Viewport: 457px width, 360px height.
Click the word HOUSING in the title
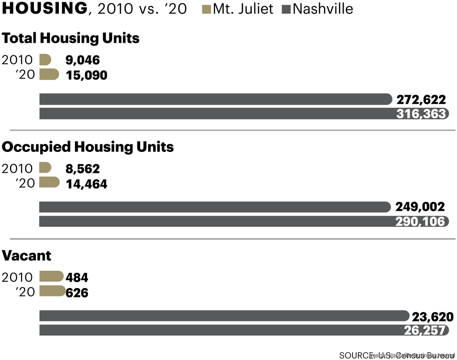point(45,8)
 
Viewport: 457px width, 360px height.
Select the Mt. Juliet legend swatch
point(206,9)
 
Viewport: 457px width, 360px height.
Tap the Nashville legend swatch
point(287,9)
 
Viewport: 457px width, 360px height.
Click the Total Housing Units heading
point(71,38)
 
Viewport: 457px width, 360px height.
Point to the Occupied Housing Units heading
point(88,147)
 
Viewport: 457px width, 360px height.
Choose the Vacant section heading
point(27,255)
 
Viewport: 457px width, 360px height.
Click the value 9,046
point(83,60)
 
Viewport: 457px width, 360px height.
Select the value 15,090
point(87,75)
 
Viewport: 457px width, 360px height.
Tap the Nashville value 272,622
point(421,99)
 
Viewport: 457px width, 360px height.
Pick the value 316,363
point(421,113)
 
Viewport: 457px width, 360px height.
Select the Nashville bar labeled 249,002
point(214,207)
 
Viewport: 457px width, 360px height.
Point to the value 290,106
point(420,222)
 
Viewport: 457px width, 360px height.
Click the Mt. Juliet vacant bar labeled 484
point(51,276)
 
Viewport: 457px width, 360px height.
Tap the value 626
point(77,293)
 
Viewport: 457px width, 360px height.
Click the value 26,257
point(425,330)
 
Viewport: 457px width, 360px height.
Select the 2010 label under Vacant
point(17,277)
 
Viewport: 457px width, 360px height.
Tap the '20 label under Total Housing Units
point(25,74)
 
